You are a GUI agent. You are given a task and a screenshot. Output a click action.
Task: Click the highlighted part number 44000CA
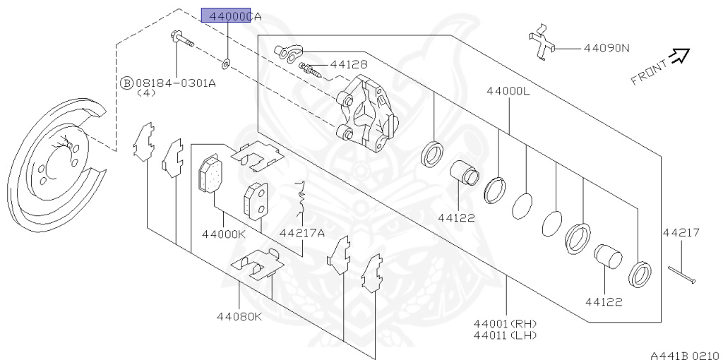[226, 16]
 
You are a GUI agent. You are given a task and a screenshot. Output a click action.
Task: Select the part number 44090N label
[606, 49]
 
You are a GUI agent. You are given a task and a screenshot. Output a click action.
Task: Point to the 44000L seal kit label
[508, 92]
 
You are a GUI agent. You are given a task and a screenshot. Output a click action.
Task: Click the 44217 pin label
[681, 232]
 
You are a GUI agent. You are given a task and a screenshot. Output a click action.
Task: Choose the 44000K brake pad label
[224, 233]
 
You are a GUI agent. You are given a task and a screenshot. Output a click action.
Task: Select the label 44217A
[301, 233]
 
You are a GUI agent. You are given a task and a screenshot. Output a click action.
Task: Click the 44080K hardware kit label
[239, 316]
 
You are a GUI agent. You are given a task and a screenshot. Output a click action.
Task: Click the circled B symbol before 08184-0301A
[127, 83]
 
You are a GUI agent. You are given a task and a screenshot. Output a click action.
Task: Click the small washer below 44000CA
[225, 64]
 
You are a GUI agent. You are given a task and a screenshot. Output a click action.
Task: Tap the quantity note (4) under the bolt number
[145, 92]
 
